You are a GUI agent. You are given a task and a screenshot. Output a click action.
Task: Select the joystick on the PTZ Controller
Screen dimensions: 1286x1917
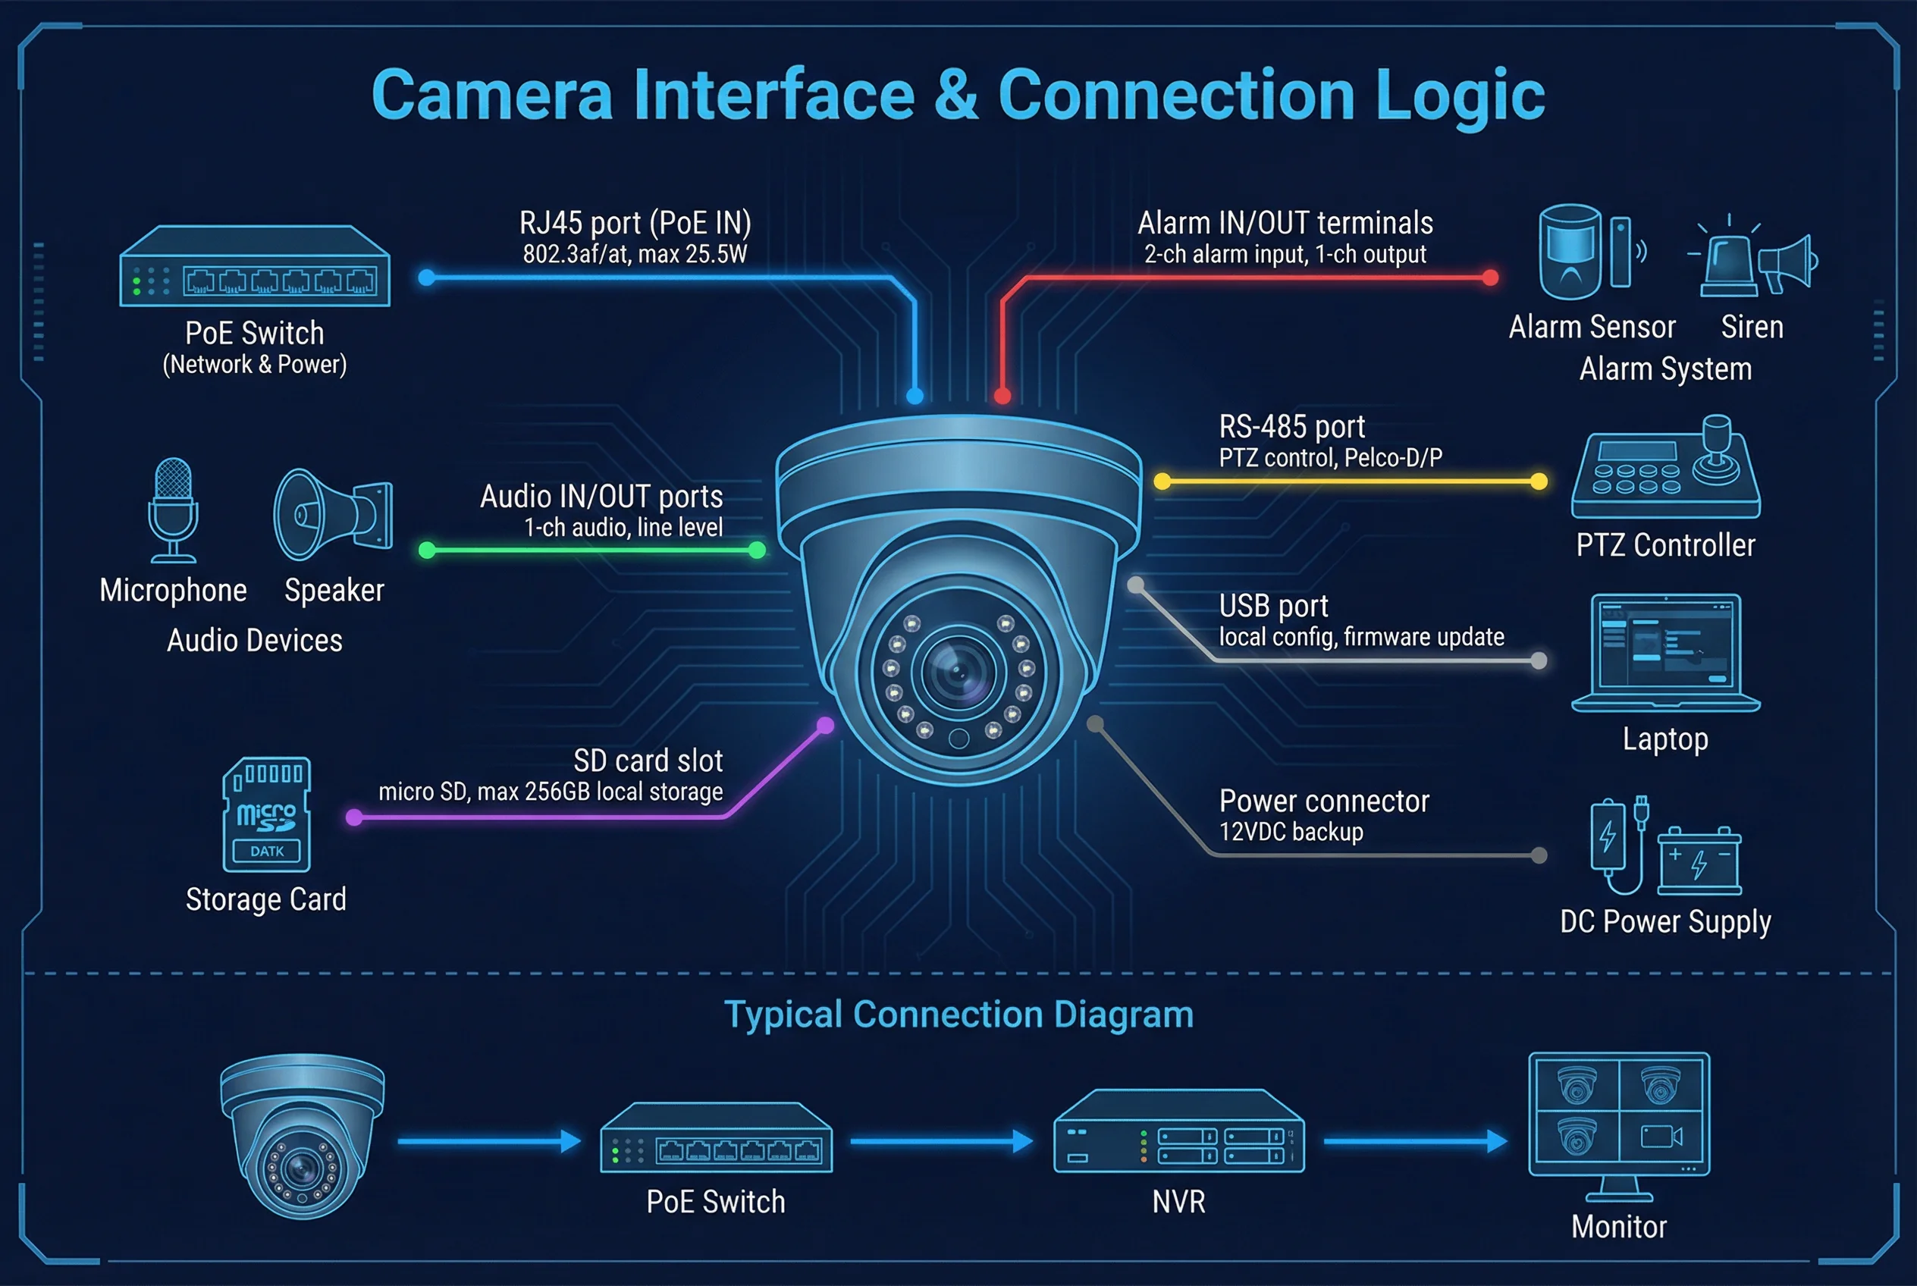(1716, 447)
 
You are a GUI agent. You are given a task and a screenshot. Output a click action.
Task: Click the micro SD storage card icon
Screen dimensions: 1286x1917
(267, 814)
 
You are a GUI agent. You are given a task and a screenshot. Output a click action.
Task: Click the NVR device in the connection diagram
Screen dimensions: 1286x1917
(1178, 1132)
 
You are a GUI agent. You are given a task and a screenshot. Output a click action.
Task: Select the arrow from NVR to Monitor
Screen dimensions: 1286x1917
(1415, 1141)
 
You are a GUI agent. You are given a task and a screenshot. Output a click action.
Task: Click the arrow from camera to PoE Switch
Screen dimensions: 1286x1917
(489, 1141)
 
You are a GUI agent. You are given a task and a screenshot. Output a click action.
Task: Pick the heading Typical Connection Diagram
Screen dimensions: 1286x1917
(958, 1015)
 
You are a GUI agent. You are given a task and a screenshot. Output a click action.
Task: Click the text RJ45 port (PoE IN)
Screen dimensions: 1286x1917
(635, 223)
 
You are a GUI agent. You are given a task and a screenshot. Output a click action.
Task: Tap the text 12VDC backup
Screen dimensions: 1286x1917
(1291, 832)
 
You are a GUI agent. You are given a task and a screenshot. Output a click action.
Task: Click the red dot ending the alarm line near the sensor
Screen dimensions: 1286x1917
(1491, 278)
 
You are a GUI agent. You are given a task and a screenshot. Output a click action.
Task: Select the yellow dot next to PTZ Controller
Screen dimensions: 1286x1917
(1539, 481)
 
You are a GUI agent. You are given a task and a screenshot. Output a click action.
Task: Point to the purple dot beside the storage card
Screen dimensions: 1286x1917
(354, 817)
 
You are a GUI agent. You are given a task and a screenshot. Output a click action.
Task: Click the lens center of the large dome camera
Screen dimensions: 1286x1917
(958, 673)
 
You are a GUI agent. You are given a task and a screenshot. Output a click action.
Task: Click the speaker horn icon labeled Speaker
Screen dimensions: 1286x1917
(332, 514)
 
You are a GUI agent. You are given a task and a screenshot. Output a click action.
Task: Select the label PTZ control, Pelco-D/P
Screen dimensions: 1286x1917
(1329, 458)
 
